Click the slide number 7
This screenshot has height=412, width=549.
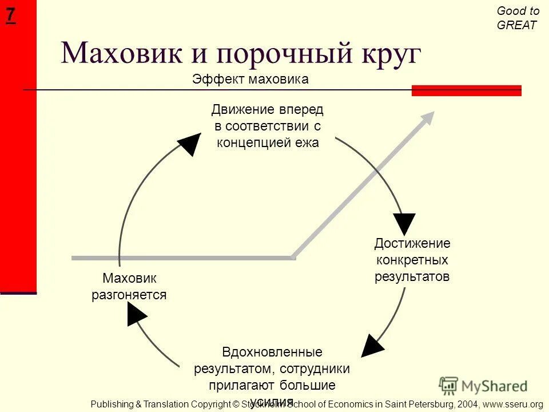pyautogui.click(x=10, y=15)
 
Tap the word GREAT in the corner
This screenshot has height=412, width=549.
pyautogui.click(x=517, y=25)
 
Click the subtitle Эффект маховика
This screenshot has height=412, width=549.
pyautogui.click(x=250, y=80)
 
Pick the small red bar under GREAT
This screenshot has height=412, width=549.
pyautogui.click(x=466, y=90)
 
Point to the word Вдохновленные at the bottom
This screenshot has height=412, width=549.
pyautogui.click(x=272, y=352)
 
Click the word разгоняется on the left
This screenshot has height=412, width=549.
pyautogui.click(x=129, y=295)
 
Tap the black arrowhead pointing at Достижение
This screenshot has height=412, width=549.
pyautogui.click(x=404, y=223)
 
